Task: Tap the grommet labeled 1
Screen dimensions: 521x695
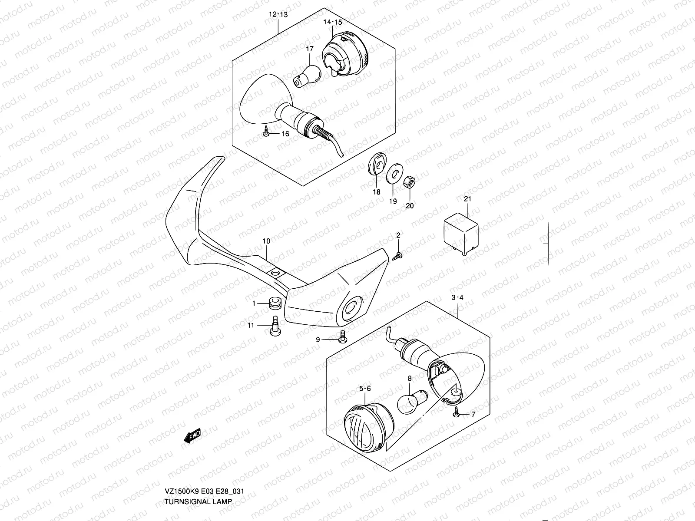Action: coord(273,303)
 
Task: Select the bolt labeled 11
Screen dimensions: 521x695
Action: coord(274,332)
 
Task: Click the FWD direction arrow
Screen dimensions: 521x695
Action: coord(192,435)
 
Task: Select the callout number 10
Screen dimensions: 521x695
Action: coord(266,241)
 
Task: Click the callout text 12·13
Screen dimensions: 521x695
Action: coord(278,14)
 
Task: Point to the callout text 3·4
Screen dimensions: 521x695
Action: coord(457,297)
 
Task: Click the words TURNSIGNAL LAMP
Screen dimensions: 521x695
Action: coord(198,501)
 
